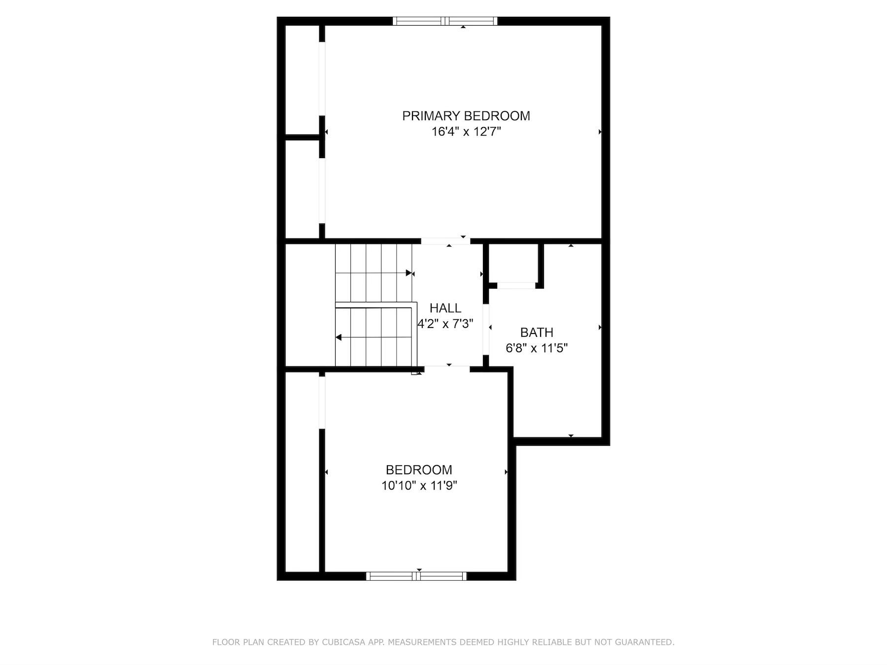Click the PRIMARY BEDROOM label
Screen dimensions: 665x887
(466, 116)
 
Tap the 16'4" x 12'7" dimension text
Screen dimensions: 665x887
(466, 132)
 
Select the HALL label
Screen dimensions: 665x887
(445, 308)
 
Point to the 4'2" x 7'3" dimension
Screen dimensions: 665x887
(445, 324)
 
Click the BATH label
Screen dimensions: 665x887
(537, 332)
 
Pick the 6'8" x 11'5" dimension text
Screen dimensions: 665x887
(537, 348)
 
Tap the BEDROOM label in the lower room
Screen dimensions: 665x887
(419, 470)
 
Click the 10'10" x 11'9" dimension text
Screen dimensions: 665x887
(419, 486)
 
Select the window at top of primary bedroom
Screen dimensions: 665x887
(445, 21)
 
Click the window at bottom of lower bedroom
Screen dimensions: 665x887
(416, 576)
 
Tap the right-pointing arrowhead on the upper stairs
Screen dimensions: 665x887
(409, 273)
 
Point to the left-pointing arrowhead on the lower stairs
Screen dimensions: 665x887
(339, 337)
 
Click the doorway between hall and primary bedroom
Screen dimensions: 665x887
(445, 241)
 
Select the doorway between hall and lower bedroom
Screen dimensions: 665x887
(446, 368)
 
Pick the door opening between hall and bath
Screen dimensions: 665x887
(486, 329)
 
